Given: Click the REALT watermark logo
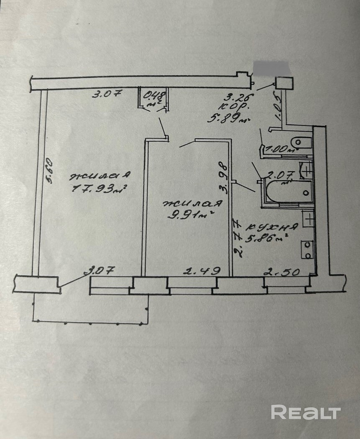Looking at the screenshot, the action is [x=306, y=412].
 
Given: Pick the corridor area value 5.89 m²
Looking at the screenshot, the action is [x=228, y=118].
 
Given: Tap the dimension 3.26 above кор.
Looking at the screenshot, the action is [x=240, y=98].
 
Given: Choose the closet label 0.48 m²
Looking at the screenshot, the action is [x=154, y=98].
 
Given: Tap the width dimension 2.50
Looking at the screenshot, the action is [x=282, y=272].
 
